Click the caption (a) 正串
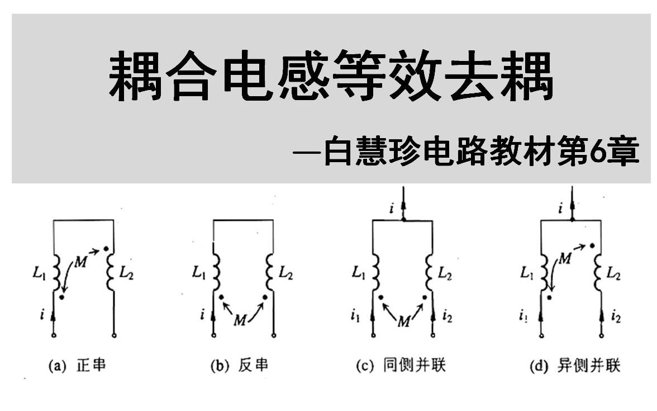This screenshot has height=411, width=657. click(x=77, y=365)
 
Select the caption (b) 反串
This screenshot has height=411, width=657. click(x=239, y=365)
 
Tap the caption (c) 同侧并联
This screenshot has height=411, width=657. click(x=401, y=365)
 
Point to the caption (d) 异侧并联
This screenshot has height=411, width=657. click(x=575, y=366)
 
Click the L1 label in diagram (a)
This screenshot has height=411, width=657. click(x=39, y=273)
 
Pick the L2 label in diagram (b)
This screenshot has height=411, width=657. click(x=286, y=273)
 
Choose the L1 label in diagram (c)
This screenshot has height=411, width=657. click(x=359, y=273)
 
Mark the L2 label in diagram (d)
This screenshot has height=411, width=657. click(x=613, y=274)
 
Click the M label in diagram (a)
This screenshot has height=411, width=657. click(x=80, y=262)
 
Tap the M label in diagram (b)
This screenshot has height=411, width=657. click(x=240, y=321)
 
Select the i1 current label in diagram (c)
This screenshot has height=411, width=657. click(x=355, y=316)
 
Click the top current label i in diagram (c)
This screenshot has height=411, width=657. click(x=392, y=208)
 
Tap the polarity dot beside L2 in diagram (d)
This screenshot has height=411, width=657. click(x=592, y=245)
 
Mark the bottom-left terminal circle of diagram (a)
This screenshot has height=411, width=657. click(x=54, y=336)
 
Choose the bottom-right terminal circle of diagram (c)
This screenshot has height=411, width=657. click(x=434, y=336)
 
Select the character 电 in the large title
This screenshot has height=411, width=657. click(x=249, y=75)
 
